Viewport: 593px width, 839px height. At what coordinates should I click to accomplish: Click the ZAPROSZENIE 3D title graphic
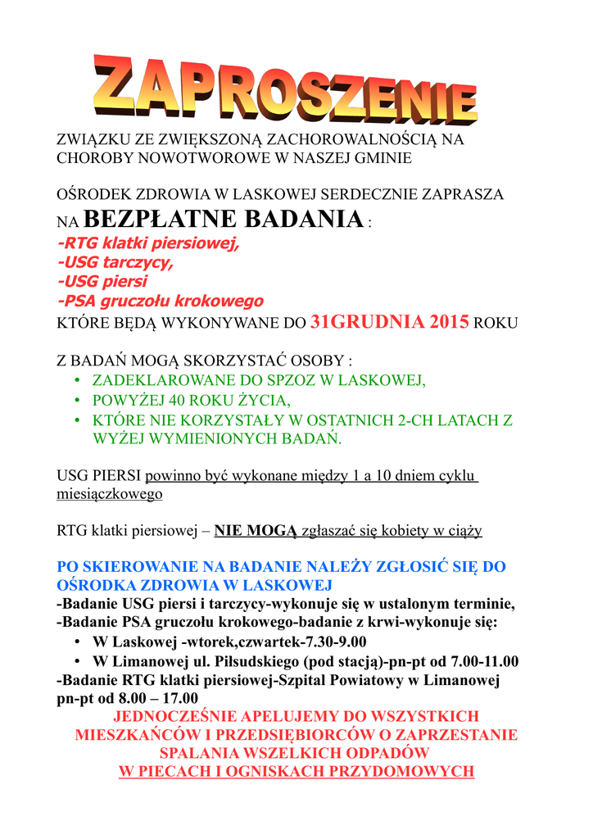tap(285, 91)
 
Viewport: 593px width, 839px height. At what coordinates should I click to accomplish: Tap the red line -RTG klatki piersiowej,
tap(148, 243)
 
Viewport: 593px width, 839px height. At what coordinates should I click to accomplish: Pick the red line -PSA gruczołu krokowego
tap(160, 301)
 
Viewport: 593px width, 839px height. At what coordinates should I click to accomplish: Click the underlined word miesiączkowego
tap(109, 494)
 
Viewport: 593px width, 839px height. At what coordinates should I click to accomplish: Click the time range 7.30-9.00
tap(327, 642)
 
